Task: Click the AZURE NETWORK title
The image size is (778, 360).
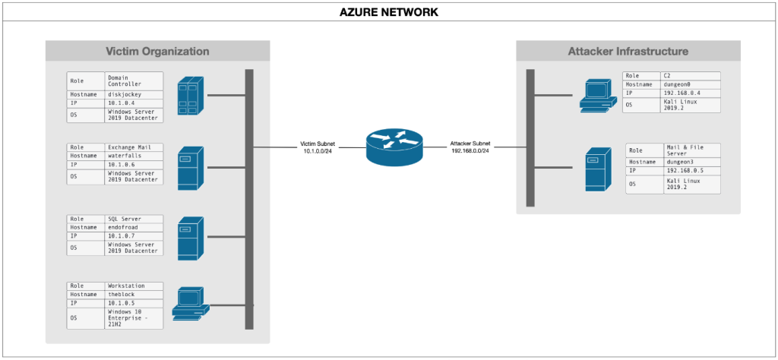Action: [389, 12]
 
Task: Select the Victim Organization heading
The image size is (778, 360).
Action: [157, 51]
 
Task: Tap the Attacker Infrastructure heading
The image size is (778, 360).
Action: [628, 51]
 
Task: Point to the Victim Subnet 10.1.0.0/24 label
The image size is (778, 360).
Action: [318, 147]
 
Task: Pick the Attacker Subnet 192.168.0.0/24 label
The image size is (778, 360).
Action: [470, 147]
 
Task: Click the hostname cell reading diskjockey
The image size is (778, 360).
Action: [134, 95]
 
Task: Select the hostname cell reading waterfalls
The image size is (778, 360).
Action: [134, 156]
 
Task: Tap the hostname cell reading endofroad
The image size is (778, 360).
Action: [134, 227]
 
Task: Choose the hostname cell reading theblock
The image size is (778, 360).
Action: [134, 295]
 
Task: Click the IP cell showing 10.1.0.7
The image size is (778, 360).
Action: [134, 235]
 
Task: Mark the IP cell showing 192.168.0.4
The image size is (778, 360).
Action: [690, 93]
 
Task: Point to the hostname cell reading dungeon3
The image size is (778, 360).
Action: [692, 162]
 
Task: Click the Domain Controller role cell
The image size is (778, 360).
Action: [134, 81]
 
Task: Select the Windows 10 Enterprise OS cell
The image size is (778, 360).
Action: [134, 318]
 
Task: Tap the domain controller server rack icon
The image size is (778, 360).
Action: [191, 98]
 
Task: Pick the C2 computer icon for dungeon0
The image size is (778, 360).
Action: [599, 95]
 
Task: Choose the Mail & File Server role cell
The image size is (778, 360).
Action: [692, 150]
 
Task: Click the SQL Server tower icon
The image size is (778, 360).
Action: [191, 238]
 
